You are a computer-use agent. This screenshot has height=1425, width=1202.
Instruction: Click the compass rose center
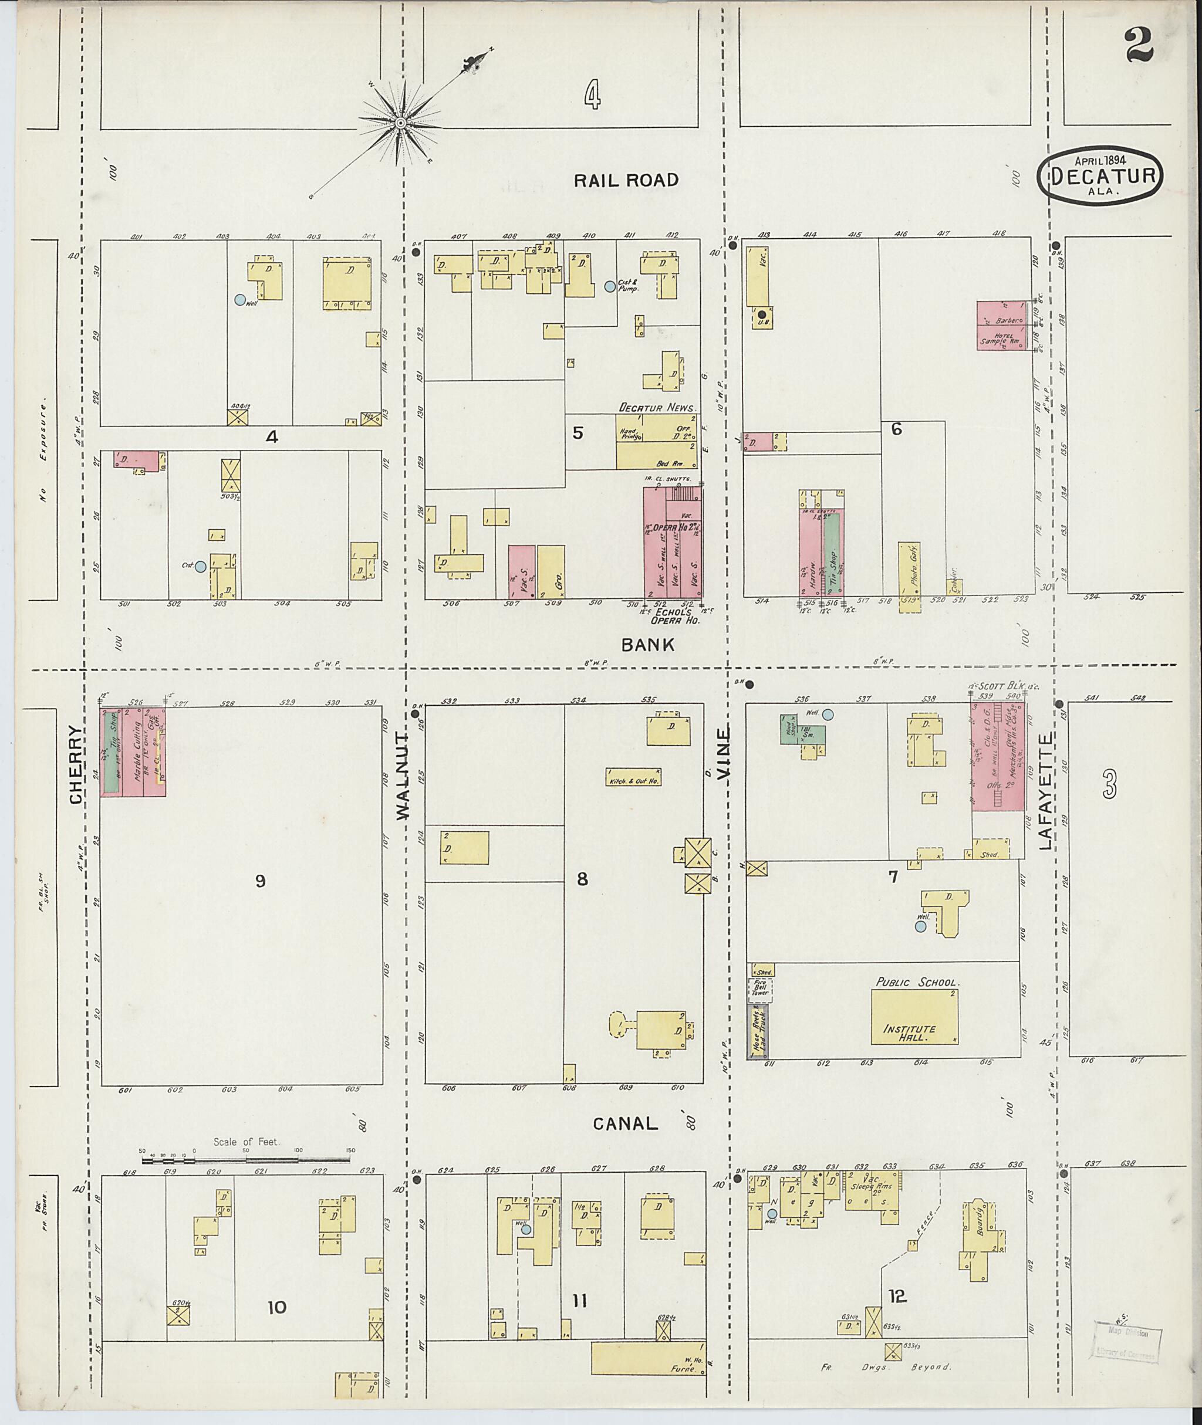(401, 123)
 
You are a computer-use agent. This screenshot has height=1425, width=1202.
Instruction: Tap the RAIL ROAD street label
(626, 180)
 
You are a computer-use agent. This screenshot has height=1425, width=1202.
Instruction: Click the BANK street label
(647, 644)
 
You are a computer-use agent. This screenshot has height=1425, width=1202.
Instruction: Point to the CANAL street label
(626, 1123)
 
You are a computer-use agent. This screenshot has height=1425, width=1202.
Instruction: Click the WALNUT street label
(403, 777)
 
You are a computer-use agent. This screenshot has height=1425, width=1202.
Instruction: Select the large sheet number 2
(1138, 46)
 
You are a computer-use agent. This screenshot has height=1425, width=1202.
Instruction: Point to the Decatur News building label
(657, 407)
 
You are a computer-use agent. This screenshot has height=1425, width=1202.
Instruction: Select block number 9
(259, 881)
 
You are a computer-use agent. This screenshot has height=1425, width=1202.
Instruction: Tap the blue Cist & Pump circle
(610, 287)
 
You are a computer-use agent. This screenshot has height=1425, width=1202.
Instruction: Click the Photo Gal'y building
(909, 576)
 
